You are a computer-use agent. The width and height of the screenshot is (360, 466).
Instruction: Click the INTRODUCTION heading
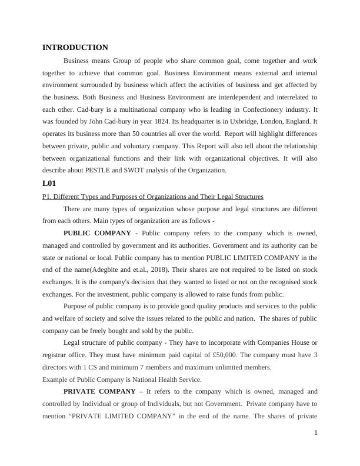75,48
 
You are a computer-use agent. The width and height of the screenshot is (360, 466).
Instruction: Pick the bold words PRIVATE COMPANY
99,391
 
